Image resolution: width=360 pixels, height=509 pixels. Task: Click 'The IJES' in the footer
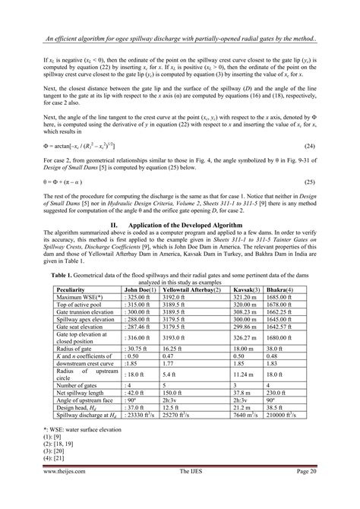pos(179,493)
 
